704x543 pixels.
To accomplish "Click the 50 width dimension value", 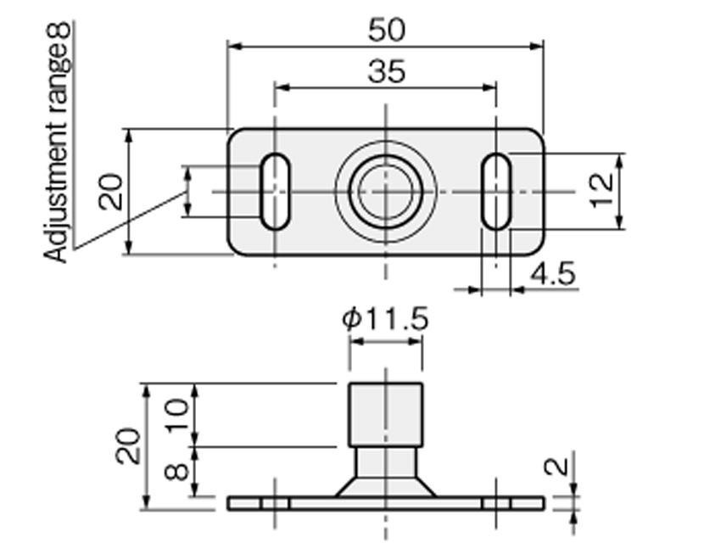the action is tap(386, 30).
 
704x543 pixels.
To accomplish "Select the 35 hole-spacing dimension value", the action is tap(386, 71).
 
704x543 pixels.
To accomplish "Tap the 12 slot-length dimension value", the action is tap(601, 190).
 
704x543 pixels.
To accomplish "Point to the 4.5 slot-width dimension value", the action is tap(553, 273).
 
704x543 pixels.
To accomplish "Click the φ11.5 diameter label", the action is tap(385, 318).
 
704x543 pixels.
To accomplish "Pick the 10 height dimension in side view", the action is tap(178, 415).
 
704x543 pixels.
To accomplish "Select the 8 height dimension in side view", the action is tap(177, 472).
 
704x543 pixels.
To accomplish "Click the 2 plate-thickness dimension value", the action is tap(556, 467).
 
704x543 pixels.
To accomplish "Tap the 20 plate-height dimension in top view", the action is tap(110, 192).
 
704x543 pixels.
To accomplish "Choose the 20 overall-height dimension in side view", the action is tap(127, 446).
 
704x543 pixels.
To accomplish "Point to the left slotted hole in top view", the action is tap(275, 192).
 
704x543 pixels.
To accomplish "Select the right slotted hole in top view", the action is tap(496, 192).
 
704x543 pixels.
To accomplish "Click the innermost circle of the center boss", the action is tap(385, 192).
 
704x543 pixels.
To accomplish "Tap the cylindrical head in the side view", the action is tap(386, 415).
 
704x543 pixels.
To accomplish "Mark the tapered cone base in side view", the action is tap(386, 487).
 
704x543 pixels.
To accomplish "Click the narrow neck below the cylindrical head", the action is tap(386, 462).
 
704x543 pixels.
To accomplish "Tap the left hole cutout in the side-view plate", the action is tap(275, 503).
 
